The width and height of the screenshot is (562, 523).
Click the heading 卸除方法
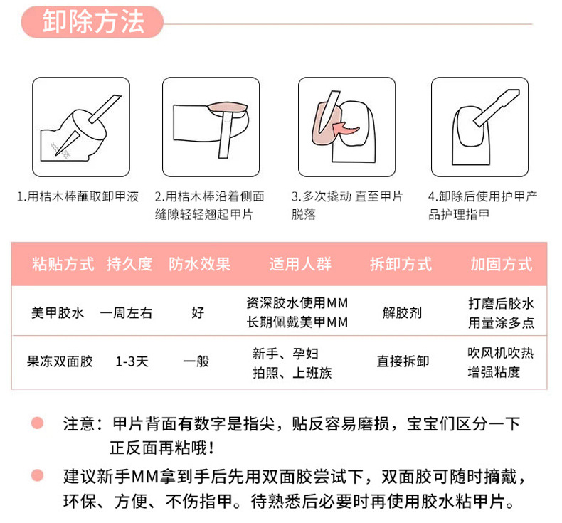pos(93,23)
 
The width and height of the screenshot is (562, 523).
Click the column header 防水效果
pos(199,264)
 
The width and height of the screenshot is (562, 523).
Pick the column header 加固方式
pos(501,264)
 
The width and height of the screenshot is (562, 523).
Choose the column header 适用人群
pos(299,264)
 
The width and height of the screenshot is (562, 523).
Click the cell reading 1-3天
pos(132,361)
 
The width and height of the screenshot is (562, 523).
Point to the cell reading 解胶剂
pos(402,312)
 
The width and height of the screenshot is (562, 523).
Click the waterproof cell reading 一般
pos(196,361)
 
